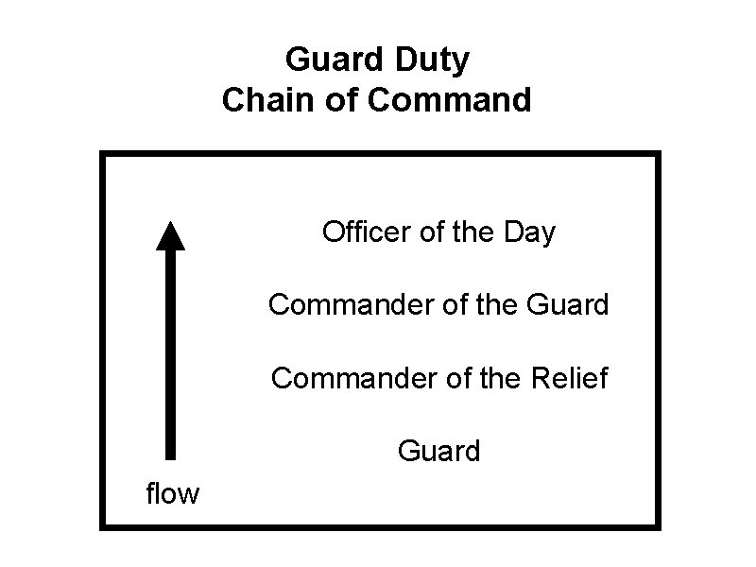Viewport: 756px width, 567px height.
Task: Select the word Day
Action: click(531, 232)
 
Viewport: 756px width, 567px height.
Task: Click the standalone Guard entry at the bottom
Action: click(439, 452)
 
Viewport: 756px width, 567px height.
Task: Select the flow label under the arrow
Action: click(172, 493)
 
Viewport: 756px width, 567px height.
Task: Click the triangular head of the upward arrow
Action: click(170, 234)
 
